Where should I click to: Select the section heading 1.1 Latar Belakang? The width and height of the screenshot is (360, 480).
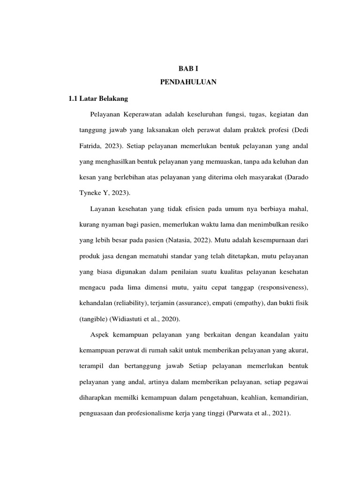tap(98, 99)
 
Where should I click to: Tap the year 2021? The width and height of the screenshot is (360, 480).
tap(280, 413)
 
